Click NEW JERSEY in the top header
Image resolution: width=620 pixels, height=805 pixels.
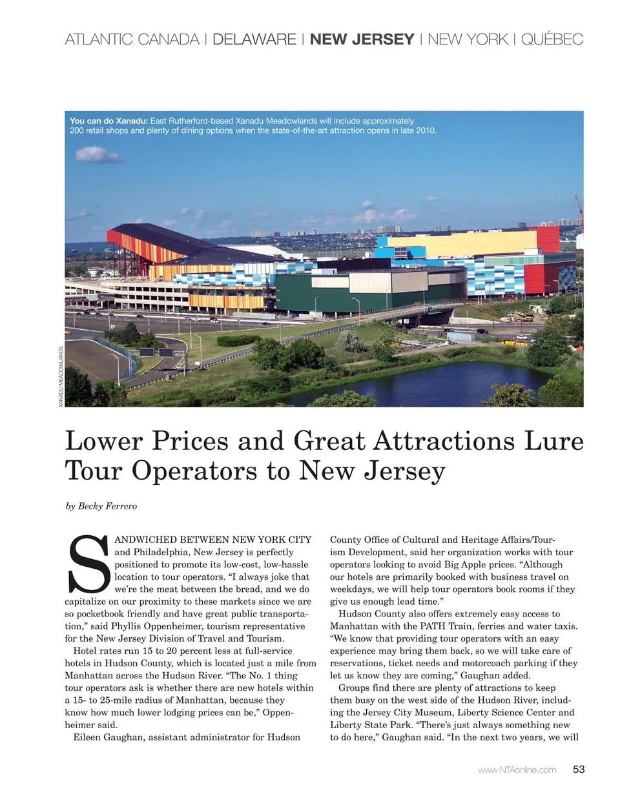coord(362,39)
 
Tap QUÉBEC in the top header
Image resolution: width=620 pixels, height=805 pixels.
coord(552,39)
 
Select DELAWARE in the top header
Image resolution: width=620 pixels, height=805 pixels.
coord(254,39)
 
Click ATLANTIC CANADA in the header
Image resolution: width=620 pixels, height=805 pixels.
coord(132,39)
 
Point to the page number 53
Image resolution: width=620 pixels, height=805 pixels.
coord(579,769)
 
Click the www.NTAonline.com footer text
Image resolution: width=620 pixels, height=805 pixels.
coord(517,769)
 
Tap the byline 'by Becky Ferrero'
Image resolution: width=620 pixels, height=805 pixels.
coord(101,506)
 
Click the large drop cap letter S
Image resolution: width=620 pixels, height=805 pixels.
coord(88,565)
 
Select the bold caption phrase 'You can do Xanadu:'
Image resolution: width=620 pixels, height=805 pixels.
coord(108,121)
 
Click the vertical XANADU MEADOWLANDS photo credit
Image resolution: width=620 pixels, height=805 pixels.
coord(61,376)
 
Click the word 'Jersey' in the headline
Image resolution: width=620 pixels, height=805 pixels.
coord(404,471)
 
